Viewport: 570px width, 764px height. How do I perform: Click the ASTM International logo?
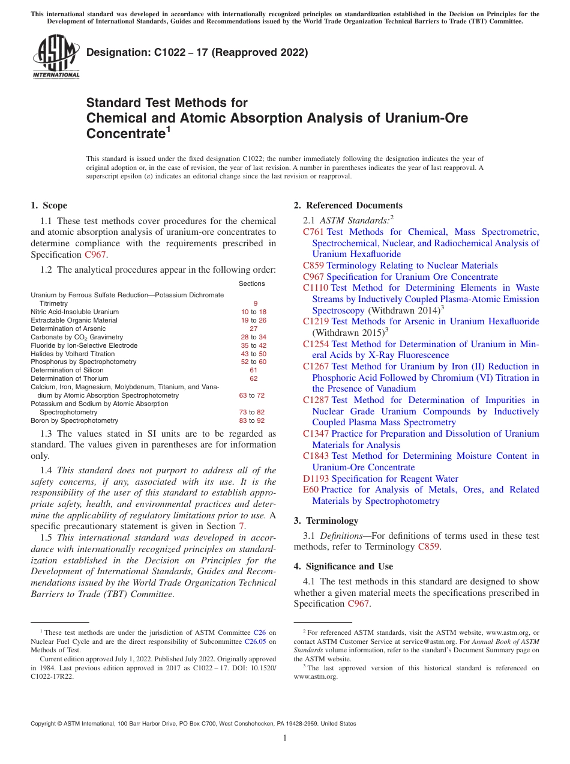[56, 57]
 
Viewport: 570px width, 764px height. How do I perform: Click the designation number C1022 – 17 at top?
[197, 52]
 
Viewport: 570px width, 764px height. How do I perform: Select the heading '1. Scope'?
[49, 205]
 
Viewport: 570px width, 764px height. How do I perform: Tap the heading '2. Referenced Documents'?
[348, 205]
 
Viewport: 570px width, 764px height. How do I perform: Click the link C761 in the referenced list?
[313, 232]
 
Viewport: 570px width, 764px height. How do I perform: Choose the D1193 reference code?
[316, 479]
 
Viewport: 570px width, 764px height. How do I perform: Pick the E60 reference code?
[311, 490]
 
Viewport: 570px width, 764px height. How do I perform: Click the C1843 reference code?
[316, 456]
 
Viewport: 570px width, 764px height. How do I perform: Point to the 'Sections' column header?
[251, 283]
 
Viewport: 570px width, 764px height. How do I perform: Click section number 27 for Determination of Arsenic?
[253, 329]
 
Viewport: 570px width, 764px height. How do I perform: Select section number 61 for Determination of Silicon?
[253, 371]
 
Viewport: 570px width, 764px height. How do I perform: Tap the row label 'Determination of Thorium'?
[68, 379]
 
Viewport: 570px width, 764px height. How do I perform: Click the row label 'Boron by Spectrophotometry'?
[74, 421]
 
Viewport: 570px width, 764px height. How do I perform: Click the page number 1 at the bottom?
[285, 738]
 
